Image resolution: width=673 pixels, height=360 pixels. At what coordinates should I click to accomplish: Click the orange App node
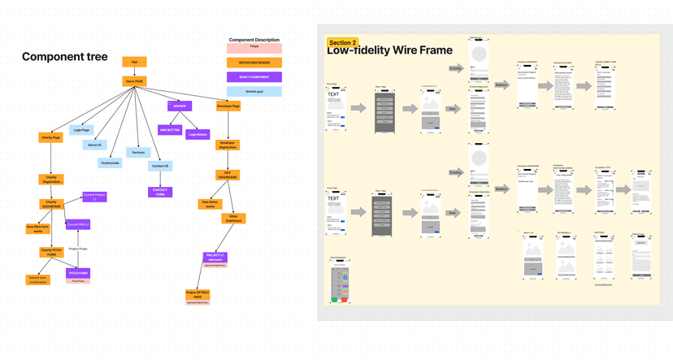pyautogui.click(x=134, y=62)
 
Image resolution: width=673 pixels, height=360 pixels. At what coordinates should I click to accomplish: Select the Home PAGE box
pyautogui.click(x=134, y=81)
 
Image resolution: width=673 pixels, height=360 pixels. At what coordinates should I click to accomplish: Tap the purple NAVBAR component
pyautogui.click(x=179, y=106)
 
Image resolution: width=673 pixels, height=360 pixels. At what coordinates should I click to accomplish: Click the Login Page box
pyautogui.click(x=81, y=130)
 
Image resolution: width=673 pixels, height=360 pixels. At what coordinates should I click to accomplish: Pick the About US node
pyautogui.click(x=94, y=145)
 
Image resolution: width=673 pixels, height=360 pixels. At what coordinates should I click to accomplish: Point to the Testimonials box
pyautogui.click(x=110, y=163)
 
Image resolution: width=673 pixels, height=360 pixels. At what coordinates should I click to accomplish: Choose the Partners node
pyautogui.click(x=138, y=152)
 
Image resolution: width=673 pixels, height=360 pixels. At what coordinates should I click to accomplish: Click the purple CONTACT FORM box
pyautogui.click(x=160, y=193)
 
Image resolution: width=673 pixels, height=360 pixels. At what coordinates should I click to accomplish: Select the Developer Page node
pyautogui.click(x=228, y=106)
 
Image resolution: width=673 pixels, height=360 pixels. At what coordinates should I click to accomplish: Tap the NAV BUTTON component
pyautogui.click(x=170, y=130)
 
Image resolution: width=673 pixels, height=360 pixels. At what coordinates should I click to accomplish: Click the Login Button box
pyautogui.click(x=197, y=134)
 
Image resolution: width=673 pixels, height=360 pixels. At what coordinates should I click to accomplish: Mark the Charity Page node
pyautogui.click(x=51, y=137)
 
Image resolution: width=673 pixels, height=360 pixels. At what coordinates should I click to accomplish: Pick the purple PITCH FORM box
pyautogui.click(x=78, y=274)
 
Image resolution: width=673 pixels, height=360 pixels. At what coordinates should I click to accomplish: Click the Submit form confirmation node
pyautogui.click(x=38, y=280)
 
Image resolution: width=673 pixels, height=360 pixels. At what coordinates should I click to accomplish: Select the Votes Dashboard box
pyautogui.click(x=234, y=218)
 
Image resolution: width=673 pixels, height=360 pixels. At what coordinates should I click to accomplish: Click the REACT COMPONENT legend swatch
pyautogui.click(x=254, y=77)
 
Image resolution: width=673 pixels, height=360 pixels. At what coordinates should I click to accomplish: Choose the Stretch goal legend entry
pyautogui.click(x=254, y=92)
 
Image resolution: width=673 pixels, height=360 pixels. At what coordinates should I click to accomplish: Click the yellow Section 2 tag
pyautogui.click(x=342, y=42)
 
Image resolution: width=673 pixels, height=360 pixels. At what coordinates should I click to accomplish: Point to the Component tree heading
pyautogui.click(x=64, y=57)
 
